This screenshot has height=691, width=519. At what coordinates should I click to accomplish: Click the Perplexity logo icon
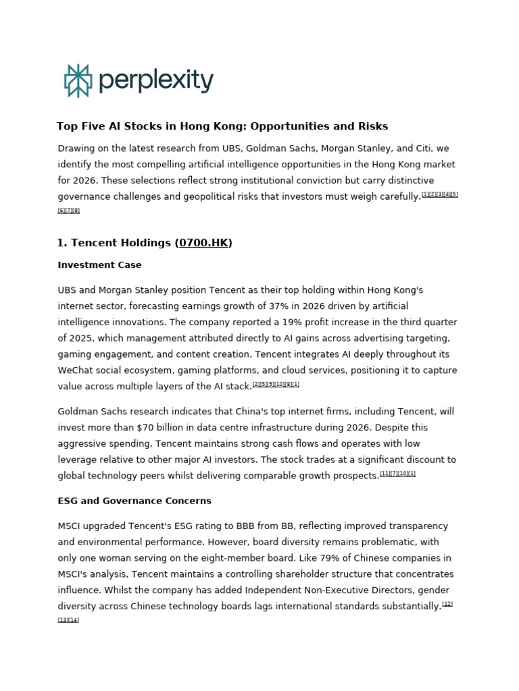click(78, 81)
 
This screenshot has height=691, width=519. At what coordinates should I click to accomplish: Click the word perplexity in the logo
click(156, 81)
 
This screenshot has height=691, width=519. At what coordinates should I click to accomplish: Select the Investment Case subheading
click(99, 265)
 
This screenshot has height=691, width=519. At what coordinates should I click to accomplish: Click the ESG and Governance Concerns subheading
click(134, 501)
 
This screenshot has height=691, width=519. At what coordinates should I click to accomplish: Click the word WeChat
click(78, 370)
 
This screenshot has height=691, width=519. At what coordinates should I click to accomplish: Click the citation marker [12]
click(447, 604)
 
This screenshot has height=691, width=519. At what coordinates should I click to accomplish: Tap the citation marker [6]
click(61, 211)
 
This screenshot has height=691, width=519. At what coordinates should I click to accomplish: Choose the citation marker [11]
click(385, 474)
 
